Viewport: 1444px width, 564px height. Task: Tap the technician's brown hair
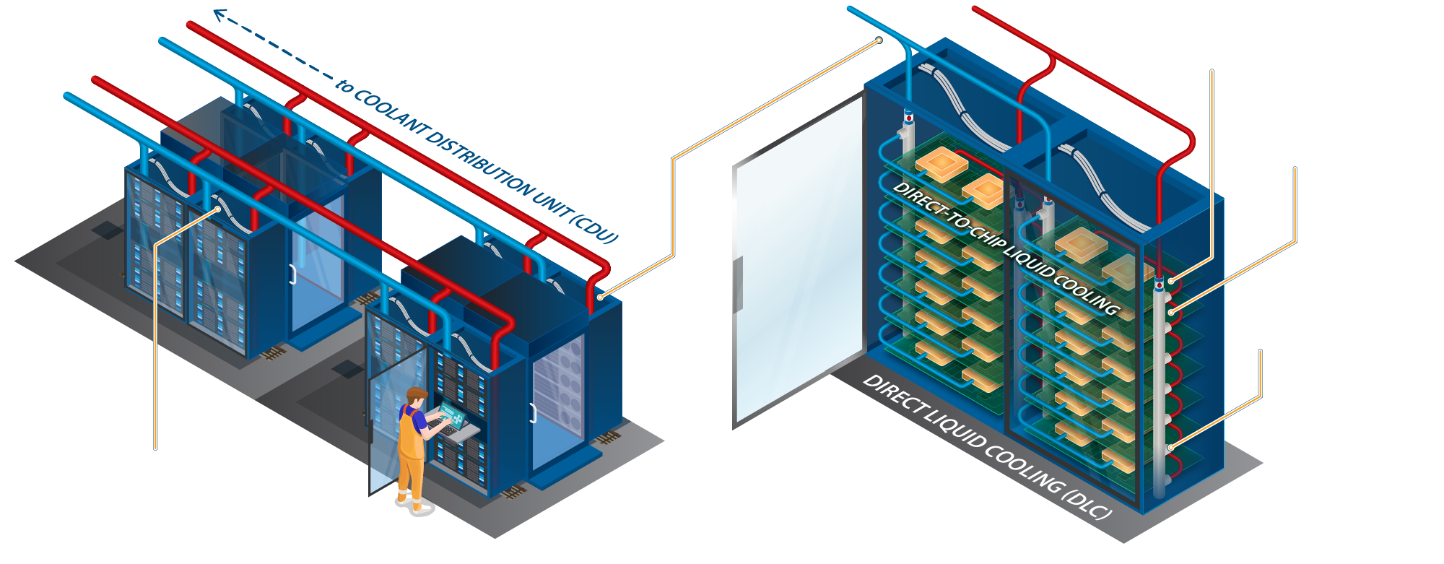click(416, 394)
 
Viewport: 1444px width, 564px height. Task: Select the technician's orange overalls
click(410, 451)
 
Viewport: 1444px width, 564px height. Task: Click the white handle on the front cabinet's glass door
click(533, 413)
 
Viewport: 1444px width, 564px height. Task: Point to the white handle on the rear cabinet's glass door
click(292, 274)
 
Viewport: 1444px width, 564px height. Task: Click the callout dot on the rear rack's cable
click(219, 209)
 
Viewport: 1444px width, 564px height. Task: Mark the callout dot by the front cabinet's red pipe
click(599, 297)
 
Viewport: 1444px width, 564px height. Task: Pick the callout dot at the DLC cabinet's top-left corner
click(879, 40)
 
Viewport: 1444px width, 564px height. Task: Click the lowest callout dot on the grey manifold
click(1170, 448)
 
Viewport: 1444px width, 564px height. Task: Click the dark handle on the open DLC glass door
click(739, 284)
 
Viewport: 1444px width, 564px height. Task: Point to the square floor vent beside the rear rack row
click(107, 230)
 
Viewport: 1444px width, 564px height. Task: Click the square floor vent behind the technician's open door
click(347, 368)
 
